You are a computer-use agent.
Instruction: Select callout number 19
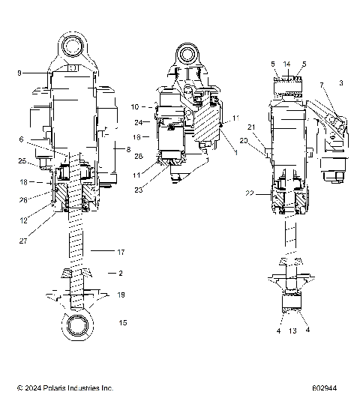point(121,296)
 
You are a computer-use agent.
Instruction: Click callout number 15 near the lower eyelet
point(121,323)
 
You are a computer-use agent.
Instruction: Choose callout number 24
point(138,122)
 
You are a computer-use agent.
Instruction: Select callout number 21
point(253,127)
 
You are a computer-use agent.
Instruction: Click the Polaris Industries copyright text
point(64,388)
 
